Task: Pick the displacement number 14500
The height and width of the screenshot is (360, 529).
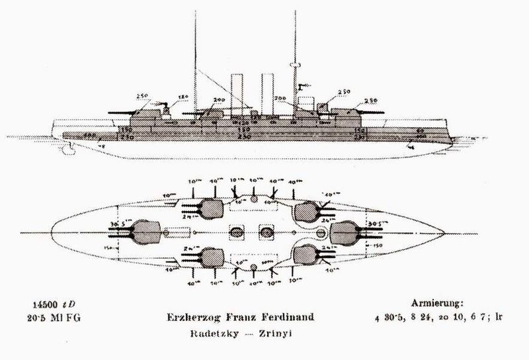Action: (x=41, y=303)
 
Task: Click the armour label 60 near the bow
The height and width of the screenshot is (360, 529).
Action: (x=421, y=131)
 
